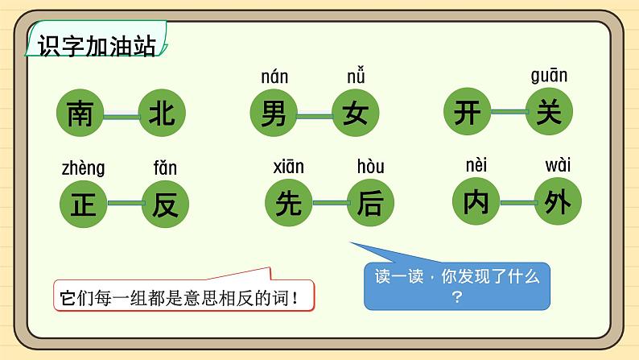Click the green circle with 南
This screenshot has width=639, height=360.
80,114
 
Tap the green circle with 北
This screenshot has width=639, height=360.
162,114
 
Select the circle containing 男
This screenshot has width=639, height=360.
274,114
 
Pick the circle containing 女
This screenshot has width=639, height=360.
355,114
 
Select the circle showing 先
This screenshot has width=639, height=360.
288,203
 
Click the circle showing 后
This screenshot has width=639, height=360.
369,203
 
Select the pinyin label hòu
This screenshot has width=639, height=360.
370,168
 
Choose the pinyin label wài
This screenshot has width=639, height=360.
558,166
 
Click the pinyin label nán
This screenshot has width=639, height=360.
274,78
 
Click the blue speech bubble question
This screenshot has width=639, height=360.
457,285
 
